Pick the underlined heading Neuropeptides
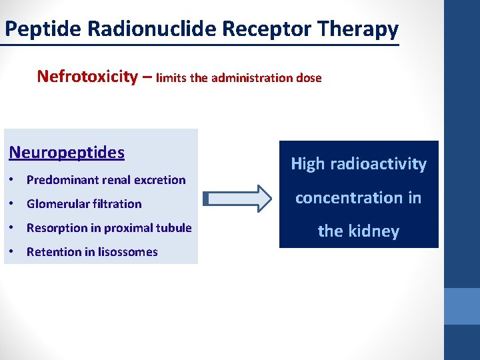(67, 152)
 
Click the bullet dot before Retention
(13, 252)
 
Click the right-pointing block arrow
(237, 198)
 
